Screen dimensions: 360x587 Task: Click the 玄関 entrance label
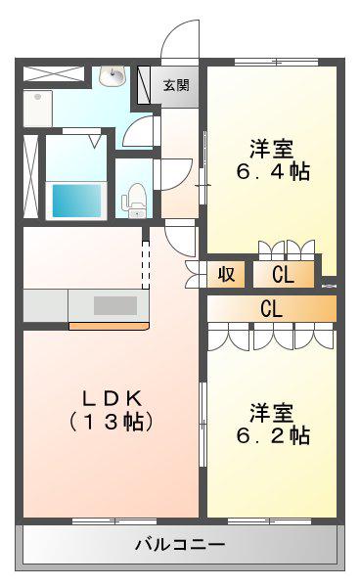176,86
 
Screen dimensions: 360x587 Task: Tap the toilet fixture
134,200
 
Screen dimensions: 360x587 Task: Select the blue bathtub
76,201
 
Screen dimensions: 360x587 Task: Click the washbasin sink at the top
112,75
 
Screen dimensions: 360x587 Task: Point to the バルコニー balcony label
180,544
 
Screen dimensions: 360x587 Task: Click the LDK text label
112,398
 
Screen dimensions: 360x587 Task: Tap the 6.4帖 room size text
273,171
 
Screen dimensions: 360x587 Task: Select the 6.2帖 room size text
273,434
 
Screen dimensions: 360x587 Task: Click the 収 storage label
226,274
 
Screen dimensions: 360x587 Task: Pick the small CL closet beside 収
284,274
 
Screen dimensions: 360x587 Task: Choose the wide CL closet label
271,308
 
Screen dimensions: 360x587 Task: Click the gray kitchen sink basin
115,305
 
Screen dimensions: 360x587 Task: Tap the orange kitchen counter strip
109,326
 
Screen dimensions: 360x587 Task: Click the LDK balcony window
114,521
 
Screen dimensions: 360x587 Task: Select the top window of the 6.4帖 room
276,62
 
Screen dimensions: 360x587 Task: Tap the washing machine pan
38,109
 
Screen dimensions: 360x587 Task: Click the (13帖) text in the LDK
112,422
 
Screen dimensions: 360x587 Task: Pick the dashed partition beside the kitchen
146,265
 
